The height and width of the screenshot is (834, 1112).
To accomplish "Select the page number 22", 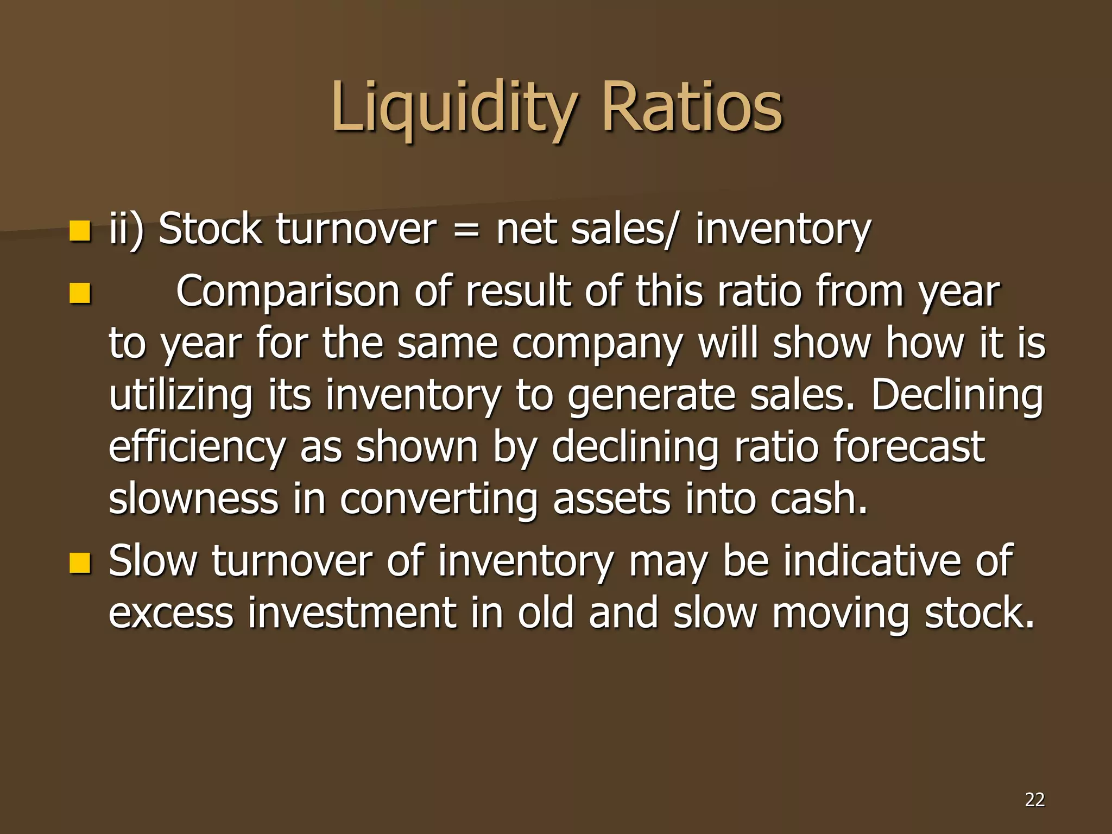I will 1034,799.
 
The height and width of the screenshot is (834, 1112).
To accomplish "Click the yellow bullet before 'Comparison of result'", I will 79,294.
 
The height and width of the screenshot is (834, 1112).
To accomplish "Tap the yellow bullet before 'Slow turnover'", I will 79,563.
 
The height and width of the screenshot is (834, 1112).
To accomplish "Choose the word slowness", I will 193,498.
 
